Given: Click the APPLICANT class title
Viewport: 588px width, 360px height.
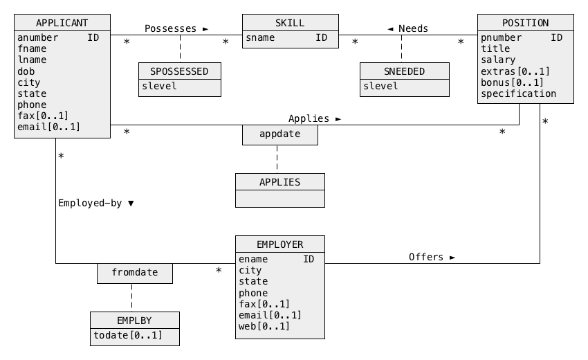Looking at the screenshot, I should tap(62, 23).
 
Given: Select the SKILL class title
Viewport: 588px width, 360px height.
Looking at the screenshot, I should tap(290, 23).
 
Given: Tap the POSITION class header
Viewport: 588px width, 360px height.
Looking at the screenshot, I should tap(525, 23).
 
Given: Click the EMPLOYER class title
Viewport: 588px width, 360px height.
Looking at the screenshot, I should tap(279, 244).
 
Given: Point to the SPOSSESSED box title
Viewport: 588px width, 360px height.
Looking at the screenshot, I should tap(179, 71).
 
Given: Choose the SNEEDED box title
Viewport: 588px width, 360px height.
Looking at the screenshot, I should tap(404, 71).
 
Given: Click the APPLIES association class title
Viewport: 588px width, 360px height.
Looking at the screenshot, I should tap(279, 182).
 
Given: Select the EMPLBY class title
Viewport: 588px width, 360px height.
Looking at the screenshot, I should tap(135, 321).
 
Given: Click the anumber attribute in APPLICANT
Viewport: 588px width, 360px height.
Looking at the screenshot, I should tap(38, 37).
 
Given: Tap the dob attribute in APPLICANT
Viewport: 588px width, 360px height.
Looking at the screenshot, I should tap(26, 71).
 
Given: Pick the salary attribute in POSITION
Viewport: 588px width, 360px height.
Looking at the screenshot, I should tap(498, 60).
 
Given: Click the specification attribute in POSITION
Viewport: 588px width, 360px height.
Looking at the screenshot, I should tap(518, 93).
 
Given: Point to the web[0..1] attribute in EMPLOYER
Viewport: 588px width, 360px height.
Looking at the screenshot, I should tap(264, 326).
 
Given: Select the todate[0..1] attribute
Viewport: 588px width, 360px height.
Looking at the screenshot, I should tap(128, 335).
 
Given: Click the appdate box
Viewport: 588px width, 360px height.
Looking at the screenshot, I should tap(279, 134).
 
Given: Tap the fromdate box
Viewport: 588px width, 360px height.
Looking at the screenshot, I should tap(134, 273).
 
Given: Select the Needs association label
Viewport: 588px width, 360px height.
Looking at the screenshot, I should tap(408, 28).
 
